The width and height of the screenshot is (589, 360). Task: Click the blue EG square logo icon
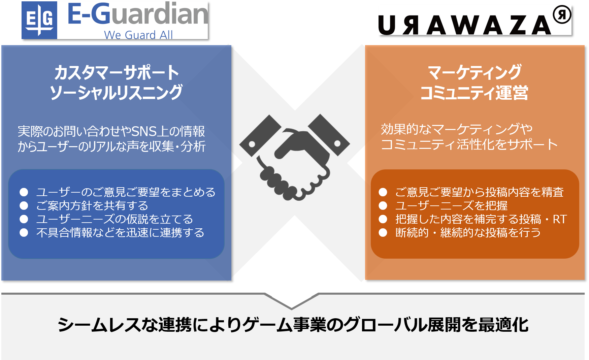click(39, 20)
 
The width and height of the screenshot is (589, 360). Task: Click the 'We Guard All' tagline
click(138, 35)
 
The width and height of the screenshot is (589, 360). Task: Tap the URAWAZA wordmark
click(465, 25)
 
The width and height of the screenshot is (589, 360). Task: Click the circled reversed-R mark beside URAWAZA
click(562, 15)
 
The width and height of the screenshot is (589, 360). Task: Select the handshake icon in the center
click(294, 157)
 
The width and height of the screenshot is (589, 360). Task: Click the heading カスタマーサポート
click(117, 73)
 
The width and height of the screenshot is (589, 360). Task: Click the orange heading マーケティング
click(475, 72)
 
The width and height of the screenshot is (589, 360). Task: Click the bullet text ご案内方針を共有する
click(92, 205)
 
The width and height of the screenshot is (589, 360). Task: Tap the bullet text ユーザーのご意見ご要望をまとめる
click(126, 192)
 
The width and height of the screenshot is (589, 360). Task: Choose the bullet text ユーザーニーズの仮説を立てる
click(114, 219)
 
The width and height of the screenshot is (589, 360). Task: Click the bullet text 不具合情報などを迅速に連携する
click(120, 233)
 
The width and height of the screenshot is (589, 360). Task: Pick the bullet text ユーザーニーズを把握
click(451, 205)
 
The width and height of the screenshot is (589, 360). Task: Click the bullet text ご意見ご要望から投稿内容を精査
click(479, 192)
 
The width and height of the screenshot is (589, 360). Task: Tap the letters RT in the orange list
click(560, 219)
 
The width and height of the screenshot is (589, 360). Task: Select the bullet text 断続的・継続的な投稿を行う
click(468, 233)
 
